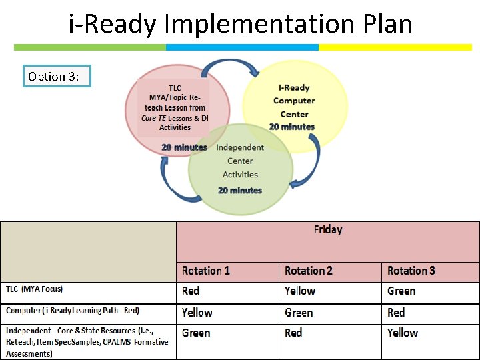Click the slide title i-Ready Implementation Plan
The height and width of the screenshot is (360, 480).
tap(241, 24)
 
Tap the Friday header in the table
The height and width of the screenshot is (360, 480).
tap(327, 230)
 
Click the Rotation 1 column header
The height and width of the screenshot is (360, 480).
tap(206, 271)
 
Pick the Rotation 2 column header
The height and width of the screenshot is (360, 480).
tap(309, 271)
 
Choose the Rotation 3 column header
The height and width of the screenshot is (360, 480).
tap(411, 271)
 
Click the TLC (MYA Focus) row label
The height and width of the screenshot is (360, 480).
tap(35, 289)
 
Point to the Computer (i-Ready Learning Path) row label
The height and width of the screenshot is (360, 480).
tap(73, 311)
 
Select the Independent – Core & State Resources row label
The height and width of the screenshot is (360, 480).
tap(87, 341)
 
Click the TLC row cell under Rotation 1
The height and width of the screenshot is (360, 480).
tap(191, 291)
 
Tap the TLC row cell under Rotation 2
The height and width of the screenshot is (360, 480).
tap(300, 291)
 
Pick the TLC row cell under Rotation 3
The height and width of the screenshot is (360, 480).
tap(401, 291)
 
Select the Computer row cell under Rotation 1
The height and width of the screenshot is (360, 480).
tap(197, 313)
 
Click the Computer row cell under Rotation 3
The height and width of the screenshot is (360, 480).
tap(396, 313)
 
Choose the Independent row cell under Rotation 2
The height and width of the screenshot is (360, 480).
tap(293, 333)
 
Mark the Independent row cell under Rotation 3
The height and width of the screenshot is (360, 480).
tap(403, 333)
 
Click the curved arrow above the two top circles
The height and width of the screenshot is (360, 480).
tap(231, 67)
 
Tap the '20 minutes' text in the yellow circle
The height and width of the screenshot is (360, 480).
tap(292, 127)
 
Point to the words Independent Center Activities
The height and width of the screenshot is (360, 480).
tap(240, 161)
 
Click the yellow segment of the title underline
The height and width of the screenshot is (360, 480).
tap(395, 47)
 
